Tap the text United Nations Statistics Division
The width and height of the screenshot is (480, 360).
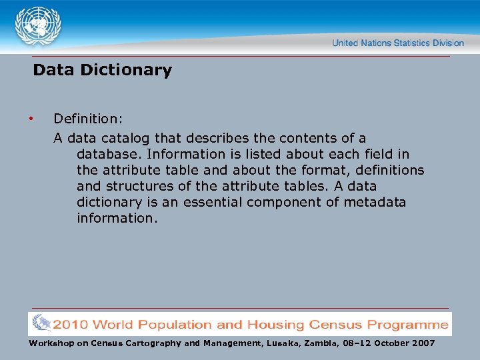pyautogui.click(x=398, y=43)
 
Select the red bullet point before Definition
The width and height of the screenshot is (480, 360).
pyautogui.click(x=31, y=119)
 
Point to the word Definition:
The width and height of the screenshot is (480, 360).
pyautogui.click(x=88, y=119)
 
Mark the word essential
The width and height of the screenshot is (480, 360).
pyautogui.click(x=210, y=202)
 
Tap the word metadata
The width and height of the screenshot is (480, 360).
pyautogui.click(x=375, y=202)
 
